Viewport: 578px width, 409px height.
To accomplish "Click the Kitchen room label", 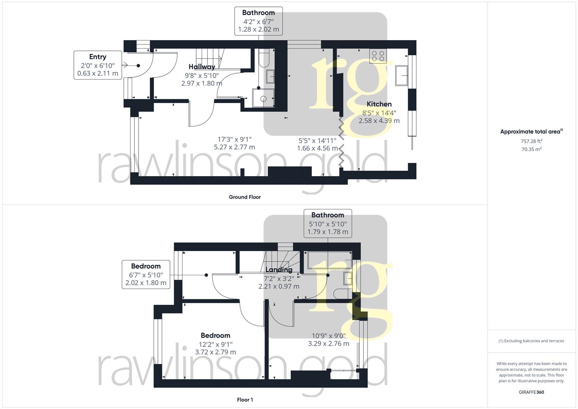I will [379, 104].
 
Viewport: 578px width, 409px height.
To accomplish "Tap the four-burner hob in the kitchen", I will [378, 56].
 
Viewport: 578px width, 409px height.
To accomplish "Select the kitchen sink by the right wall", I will [401, 75].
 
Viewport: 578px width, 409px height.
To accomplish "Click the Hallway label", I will [202, 67].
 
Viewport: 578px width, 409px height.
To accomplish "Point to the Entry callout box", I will [98, 65].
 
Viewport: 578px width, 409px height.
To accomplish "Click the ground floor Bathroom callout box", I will [259, 21].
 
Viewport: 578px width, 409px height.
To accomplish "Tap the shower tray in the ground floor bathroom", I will [263, 98].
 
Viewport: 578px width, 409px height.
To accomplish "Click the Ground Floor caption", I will [245, 197].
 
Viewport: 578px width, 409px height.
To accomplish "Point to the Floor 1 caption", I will [245, 400].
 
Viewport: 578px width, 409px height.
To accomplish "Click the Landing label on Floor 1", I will [279, 270].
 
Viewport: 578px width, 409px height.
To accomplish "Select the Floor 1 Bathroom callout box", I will [328, 223].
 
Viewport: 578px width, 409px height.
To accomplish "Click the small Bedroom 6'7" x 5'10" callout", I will [146, 275].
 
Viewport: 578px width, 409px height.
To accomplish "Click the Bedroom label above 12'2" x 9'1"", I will [215, 336].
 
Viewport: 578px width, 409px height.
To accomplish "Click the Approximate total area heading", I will [531, 132].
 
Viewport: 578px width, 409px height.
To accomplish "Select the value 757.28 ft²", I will [531, 141].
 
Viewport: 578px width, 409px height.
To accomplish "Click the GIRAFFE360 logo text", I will [531, 392].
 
